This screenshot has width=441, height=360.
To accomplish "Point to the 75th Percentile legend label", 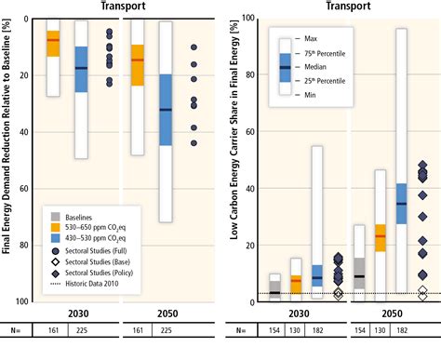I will click(330, 53).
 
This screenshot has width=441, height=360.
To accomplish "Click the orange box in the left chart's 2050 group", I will click(137, 65).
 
